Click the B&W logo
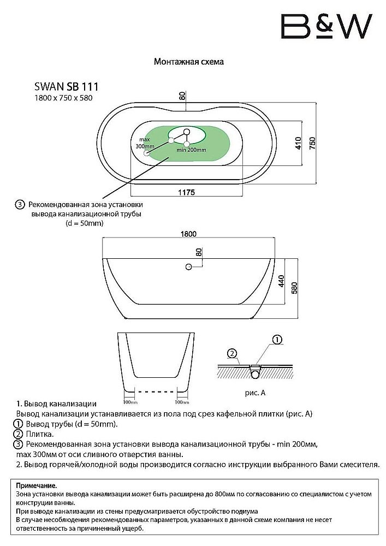point(325,26)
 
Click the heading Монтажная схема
point(189,62)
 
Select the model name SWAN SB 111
point(67,86)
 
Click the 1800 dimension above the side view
point(188,234)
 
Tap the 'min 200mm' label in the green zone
point(191,150)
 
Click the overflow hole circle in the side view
point(188,266)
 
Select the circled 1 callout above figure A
point(277,340)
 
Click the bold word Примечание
point(37,485)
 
